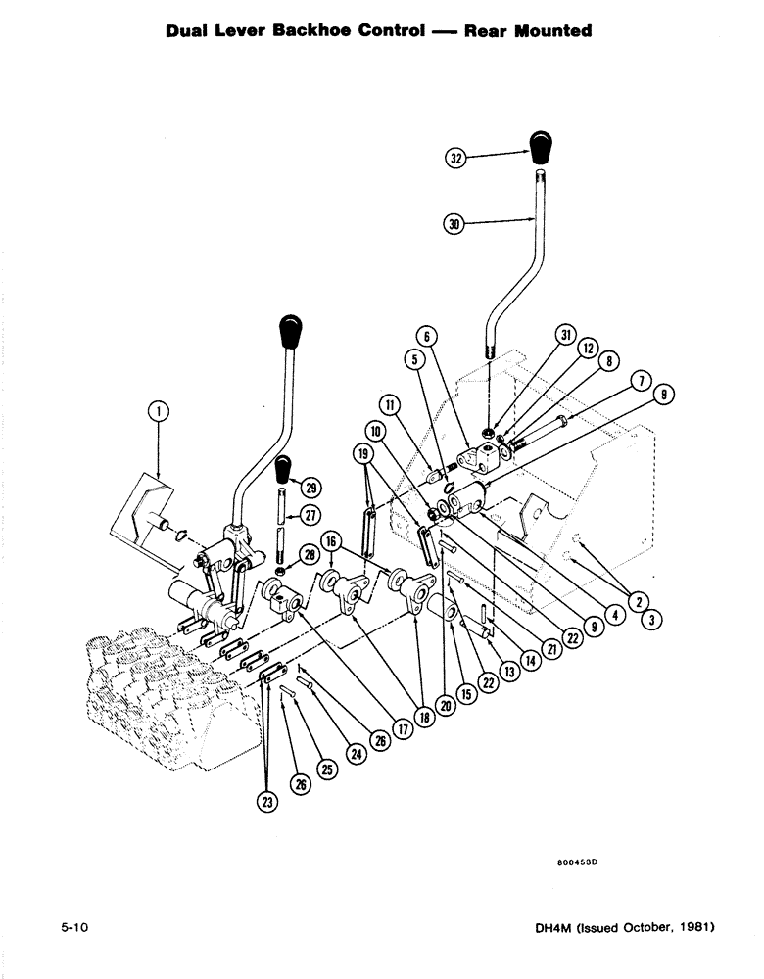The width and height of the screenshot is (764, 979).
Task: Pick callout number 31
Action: click(566, 335)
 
